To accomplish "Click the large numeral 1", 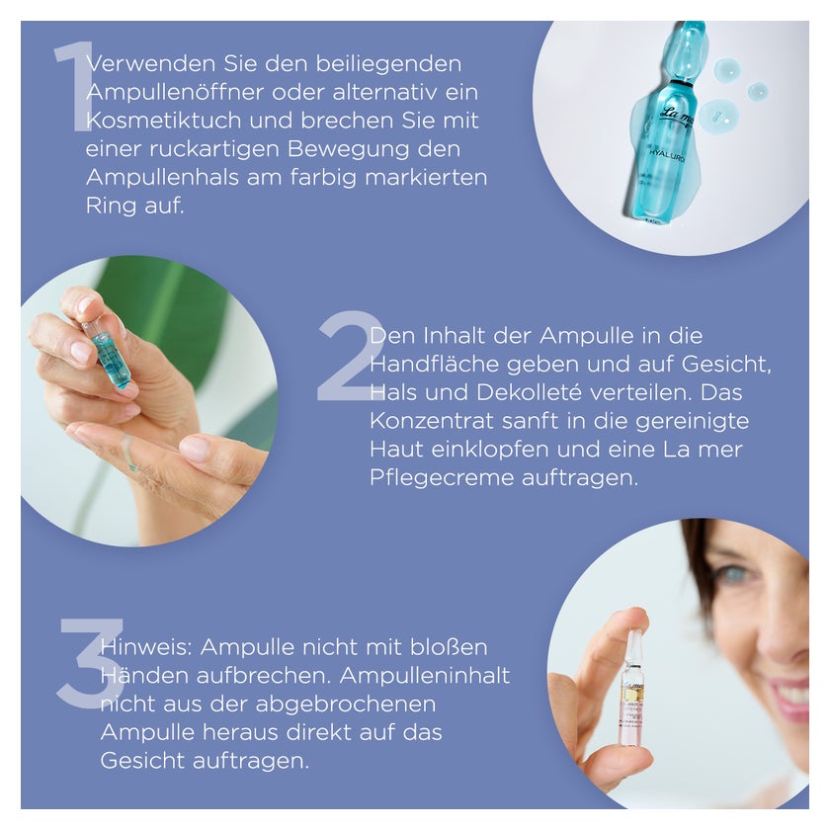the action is coord(73,88).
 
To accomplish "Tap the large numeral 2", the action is coord(351,356).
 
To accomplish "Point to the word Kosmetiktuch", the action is coord(164,121).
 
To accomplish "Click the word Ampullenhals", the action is coord(162,177).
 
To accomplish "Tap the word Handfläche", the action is coord(434,365).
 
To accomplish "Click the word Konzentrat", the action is coord(432,421).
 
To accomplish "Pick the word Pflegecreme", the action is coord(442,478).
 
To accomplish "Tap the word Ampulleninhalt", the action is coord(425,676).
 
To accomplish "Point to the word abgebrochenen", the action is coord(346,705).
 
